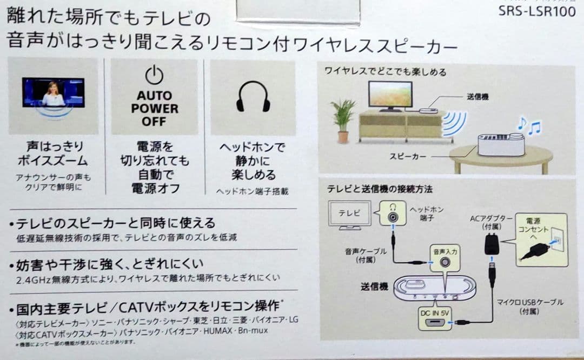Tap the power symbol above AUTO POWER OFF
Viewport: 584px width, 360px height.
coord(154,75)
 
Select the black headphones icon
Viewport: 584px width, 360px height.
coord(253,97)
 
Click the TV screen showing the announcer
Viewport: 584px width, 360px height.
coord(53,92)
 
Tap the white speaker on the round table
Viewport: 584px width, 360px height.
coord(501,144)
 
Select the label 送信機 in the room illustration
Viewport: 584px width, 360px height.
coord(477,97)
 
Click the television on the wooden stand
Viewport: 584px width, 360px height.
coord(390,96)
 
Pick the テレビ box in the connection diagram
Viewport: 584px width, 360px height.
coord(350,213)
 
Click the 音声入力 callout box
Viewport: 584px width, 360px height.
coord(445,258)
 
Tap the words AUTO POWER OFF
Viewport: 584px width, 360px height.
coord(154,108)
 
